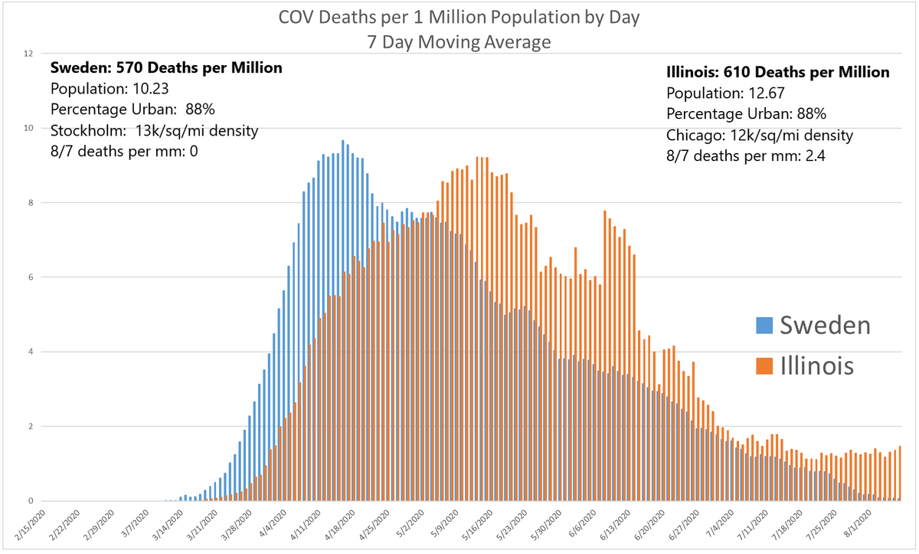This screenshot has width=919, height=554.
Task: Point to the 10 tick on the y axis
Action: point(28,128)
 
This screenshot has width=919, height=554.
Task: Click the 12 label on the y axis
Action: point(28,54)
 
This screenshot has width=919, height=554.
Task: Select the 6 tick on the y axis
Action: point(28,277)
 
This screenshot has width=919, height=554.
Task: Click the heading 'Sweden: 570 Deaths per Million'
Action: point(166,67)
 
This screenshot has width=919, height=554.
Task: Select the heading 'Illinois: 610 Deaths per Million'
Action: point(778,73)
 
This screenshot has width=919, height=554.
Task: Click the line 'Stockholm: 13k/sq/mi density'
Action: point(154,130)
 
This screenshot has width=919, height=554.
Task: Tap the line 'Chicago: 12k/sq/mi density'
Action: point(760,136)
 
